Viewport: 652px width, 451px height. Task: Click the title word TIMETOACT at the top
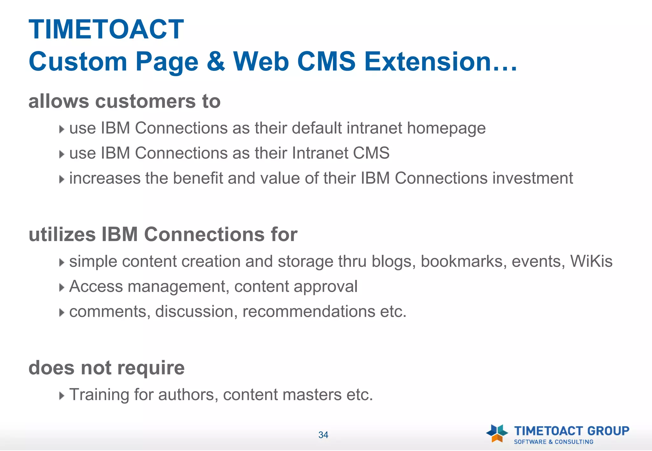tap(106, 30)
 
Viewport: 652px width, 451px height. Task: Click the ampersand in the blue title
tap(216, 61)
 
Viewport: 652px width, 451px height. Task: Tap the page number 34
tap(323, 435)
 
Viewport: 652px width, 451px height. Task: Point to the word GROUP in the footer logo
tap(608, 431)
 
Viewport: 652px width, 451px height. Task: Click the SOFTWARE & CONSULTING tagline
tap(554, 442)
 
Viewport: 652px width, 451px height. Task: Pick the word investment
tap(533, 178)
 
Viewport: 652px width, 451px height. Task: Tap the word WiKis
tap(591, 261)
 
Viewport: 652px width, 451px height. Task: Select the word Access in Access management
tap(96, 286)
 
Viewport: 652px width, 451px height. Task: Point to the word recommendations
tap(308, 311)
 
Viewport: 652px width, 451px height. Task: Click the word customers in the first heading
tap(145, 101)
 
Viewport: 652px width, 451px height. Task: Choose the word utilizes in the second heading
tap(62, 234)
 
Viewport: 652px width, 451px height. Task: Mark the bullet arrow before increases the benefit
tap(61, 179)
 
